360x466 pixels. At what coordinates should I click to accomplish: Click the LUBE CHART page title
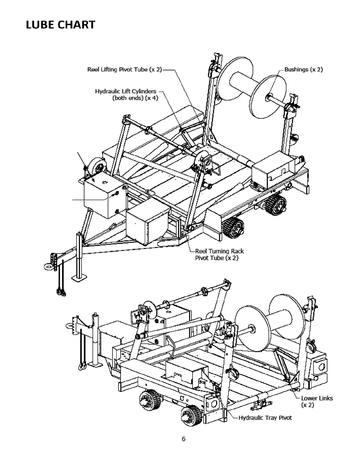click(61, 25)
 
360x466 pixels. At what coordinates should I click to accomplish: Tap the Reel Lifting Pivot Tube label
click(124, 70)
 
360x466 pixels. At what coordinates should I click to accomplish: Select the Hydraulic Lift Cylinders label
click(126, 94)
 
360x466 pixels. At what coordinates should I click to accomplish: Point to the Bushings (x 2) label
click(303, 70)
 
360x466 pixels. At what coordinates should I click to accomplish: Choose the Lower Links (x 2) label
click(317, 401)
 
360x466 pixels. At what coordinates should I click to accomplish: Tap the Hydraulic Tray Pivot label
click(265, 418)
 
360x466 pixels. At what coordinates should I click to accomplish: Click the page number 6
click(184, 439)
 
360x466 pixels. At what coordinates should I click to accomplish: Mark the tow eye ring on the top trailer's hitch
click(48, 267)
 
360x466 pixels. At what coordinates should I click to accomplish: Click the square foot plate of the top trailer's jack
click(80, 277)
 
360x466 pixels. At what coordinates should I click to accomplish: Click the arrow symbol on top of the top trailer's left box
click(104, 182)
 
